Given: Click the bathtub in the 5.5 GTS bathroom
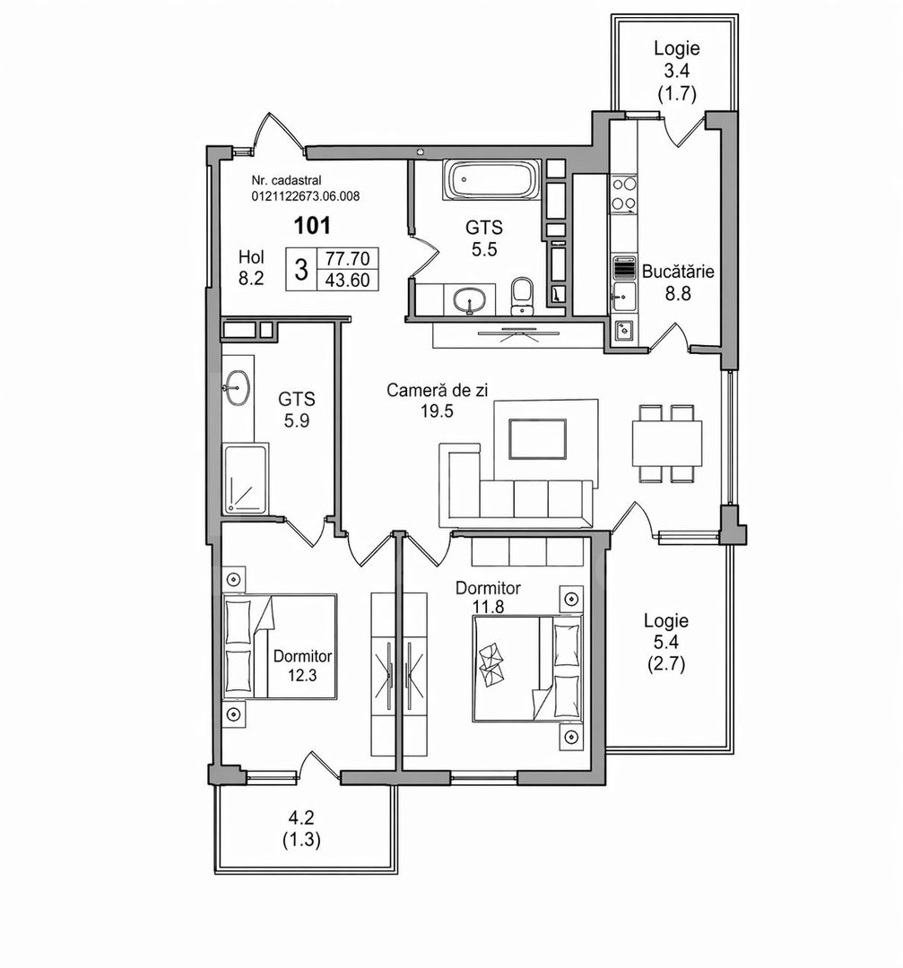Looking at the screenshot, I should click(x=492, y=182).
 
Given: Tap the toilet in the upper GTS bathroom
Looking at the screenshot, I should click(x=521, y=297).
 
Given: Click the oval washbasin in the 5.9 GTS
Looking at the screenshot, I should click(x=238, y=388).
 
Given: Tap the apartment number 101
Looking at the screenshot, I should click(x=313, y=225).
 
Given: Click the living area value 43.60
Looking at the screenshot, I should click(x=351, y=280).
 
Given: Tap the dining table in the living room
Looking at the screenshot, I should click(x=667, y=440).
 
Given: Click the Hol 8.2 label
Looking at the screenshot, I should click(x=251, y=267).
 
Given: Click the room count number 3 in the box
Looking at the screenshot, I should click(x=301, y=269).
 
